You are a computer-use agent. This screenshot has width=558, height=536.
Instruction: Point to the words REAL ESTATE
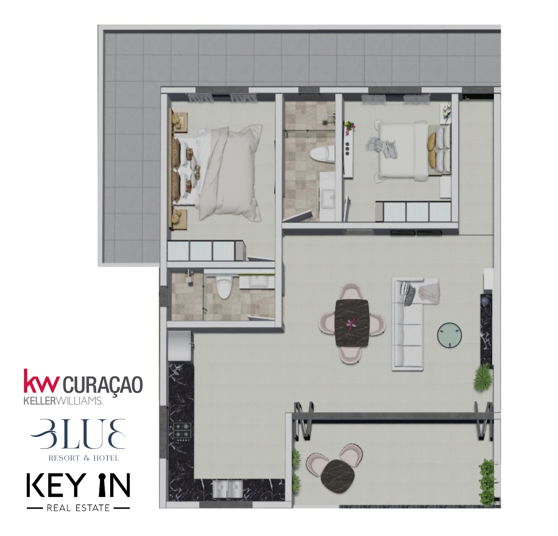78,508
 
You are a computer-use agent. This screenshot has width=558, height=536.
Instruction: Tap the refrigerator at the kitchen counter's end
180,347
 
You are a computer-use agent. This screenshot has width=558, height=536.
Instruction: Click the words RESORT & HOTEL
84,458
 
